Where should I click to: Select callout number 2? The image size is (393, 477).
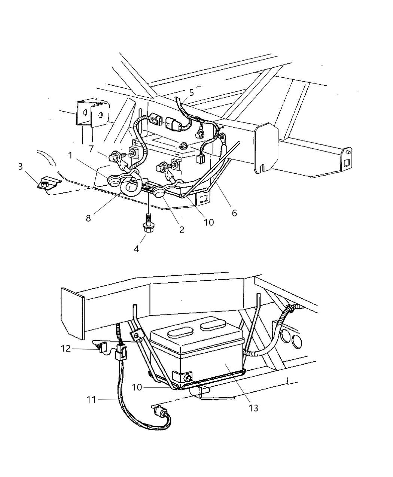pyautogui.click(x=182, y=230)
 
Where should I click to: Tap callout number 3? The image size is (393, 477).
pyautogui.click(x=20, y=166)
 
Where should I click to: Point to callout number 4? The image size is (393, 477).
pyautogui.click(x=137, y=249)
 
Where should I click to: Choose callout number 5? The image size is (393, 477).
pyautogui.click(x=191, y=93)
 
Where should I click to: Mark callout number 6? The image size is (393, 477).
pyautogui.click(x=234, y=213)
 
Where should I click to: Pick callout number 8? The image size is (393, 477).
pyautogui.click(x=88, y=218)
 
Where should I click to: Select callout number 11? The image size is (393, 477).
pyautogui.click(x=91, y=400)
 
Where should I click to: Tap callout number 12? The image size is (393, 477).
pyautogui.click(x=65, y=349)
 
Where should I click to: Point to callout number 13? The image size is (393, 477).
pyautogui.click(x=253, y=408)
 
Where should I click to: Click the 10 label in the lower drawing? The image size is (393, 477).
pyautogui.click(x=137, y=387)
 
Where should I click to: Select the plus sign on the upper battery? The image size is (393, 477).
pyautogui.click(x=134, y=143)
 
